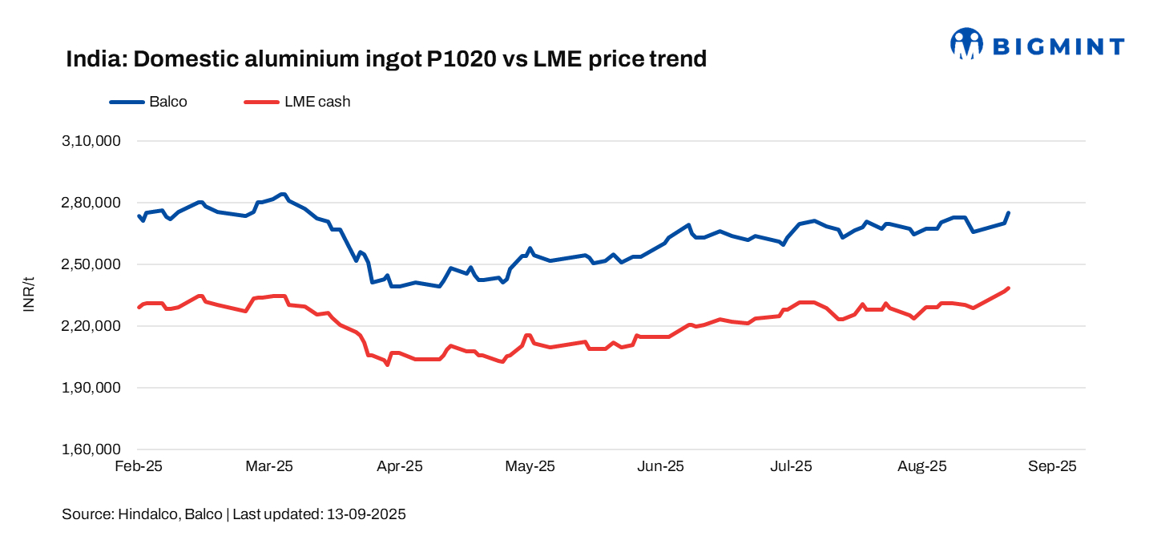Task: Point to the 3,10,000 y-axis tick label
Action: (91, 141)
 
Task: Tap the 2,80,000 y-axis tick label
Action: (91, 203)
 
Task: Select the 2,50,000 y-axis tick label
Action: (91, 264)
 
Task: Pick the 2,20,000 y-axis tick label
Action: (91, 326)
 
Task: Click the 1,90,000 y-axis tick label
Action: (91, 388)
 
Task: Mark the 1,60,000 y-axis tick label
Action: (91, 449)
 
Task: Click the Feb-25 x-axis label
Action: (139, 466)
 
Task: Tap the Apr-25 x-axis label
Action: (400, 466)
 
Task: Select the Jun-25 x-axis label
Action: (662, 466)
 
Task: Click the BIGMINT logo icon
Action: (966, 44)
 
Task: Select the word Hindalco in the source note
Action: (147, 514)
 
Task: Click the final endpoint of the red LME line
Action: (1008, 288)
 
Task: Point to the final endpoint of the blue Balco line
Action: (1008, 213)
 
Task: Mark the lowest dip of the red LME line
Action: (387, 365)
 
